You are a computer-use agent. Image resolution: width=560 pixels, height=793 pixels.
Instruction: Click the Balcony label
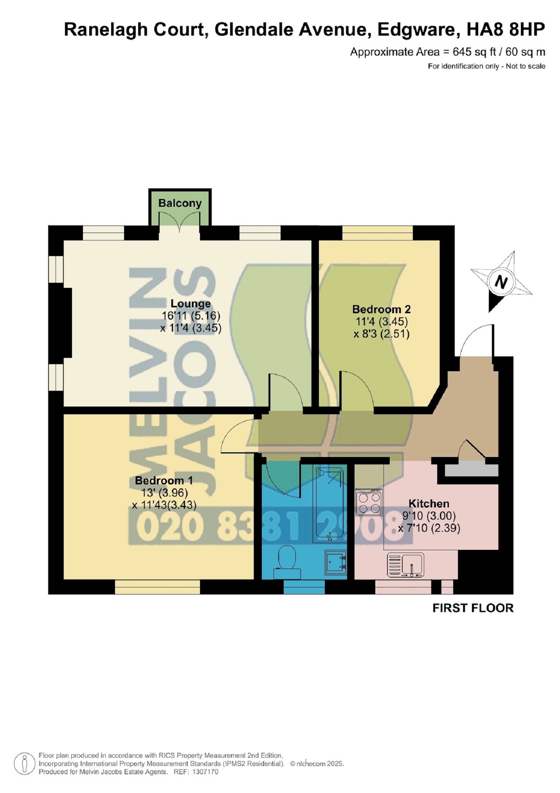[x=180, y=203]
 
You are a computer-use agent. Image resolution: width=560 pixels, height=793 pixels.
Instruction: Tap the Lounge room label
[x=191, y=303]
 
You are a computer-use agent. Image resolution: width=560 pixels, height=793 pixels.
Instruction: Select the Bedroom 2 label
[x=382, y=309]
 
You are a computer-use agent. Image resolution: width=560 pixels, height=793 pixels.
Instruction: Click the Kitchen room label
[x=429, y=504]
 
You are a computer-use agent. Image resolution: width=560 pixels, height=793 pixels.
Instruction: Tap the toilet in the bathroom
[x=287, y=562]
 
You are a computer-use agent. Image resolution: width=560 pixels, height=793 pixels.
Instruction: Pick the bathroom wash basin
[x=336, y=562]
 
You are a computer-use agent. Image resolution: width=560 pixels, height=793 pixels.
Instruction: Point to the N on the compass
[x=501, y=282]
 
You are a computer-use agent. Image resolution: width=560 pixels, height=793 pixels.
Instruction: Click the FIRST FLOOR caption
[x=473, y=608]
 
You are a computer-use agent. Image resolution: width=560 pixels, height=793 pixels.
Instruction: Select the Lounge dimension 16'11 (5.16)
[x=191, y=316]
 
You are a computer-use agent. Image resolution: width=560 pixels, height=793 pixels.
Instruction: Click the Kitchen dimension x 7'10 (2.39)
[x=429, y=528]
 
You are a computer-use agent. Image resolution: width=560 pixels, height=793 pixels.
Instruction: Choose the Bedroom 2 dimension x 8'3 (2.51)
[x=382, y=334]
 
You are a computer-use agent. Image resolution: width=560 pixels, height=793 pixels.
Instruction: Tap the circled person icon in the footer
[x=25, y=764]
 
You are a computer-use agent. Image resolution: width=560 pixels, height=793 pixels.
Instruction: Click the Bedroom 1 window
[x=157, y=587]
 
